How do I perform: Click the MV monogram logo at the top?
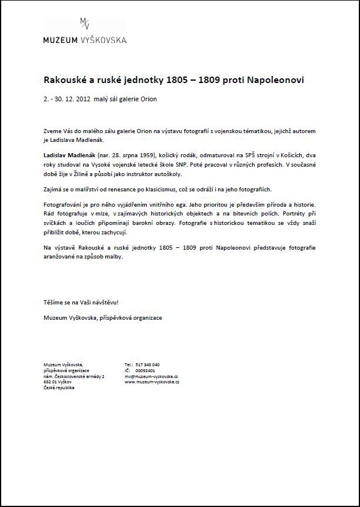[x=85, y=24]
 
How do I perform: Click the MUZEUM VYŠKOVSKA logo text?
[x=85, y=40]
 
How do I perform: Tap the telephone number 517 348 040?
[x=147, y=364]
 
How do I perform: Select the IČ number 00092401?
[x=145, y=370]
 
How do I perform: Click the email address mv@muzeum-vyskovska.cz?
[x=152, y=376]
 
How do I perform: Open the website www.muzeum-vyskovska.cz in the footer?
[x=152, y=382]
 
